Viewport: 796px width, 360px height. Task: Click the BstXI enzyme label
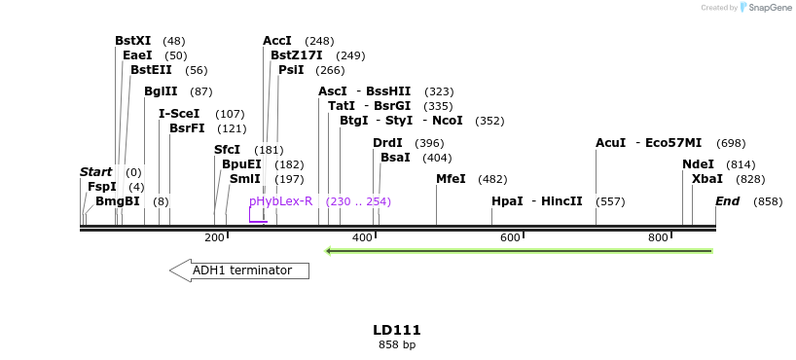tap(133, 41)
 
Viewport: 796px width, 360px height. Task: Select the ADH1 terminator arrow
tap(239, 270)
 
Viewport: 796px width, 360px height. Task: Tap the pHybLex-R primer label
tap(281, 201)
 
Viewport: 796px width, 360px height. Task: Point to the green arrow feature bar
tap(519, 251)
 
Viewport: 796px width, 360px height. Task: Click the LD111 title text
tap(397, 330)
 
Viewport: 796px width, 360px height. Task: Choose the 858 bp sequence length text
tap(397, 344)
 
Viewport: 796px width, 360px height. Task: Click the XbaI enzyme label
tap(707, 179)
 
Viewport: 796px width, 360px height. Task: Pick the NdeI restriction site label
tap(698, 164)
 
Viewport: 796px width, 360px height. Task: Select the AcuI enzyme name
tap(611, 143)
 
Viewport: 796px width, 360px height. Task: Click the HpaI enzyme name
tap(507, 201)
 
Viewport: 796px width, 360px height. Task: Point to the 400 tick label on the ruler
tap(362, 237)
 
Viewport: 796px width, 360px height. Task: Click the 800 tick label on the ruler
tap(658, 237)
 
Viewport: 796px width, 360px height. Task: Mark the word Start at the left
tap(95, 172)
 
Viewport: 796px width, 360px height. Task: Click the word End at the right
tap(727, 201)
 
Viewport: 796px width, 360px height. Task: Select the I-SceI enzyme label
tap(179, 114)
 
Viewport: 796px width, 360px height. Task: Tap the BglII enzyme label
tap(161, 91)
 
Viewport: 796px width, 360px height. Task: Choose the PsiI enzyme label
tap(291, 70)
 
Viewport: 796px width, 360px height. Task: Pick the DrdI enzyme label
tap(387, 143)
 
